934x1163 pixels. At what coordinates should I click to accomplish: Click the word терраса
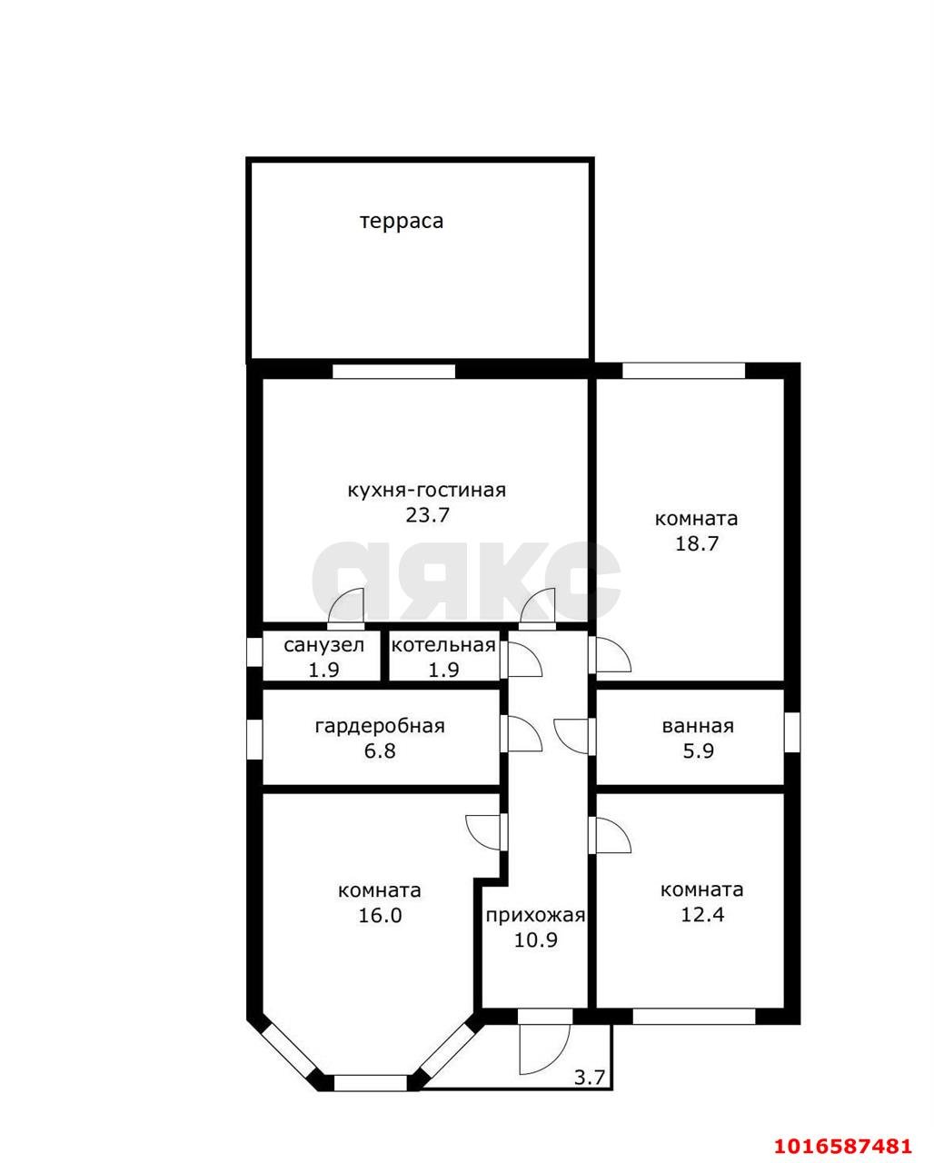[402, 222]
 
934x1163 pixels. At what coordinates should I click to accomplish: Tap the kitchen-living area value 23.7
[428, 515]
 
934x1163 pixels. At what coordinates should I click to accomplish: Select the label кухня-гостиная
[426, 491]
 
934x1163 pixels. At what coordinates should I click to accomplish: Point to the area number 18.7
[697, 543]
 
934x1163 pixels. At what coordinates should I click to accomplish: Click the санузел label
[323, 645]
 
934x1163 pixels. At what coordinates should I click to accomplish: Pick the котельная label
[443, 645]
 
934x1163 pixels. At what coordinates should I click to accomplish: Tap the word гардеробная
[380, 726]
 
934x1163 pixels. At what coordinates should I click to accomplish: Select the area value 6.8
[380, 751]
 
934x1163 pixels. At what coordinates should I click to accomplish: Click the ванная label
[698, 726]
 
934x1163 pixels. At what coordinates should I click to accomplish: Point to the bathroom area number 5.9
[699, 751]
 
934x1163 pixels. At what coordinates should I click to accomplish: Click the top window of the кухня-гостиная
[394, 371]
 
